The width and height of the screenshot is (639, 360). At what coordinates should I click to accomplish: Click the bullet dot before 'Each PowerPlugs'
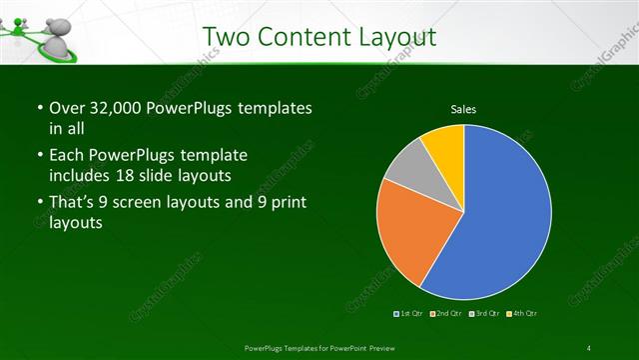pos(38,157)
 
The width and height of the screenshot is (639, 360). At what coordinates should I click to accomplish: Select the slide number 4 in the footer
pos(590,347)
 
